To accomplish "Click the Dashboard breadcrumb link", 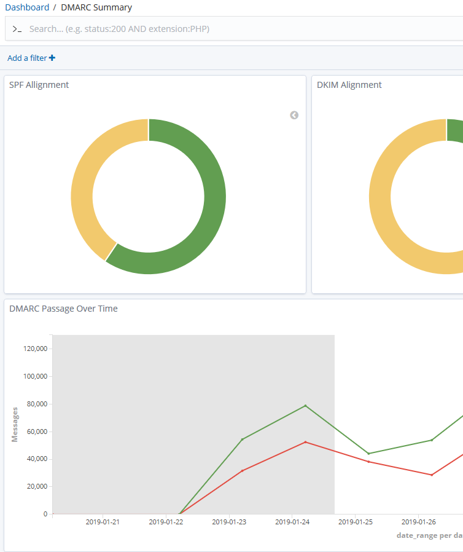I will coord(27,7).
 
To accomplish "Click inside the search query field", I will coord(184,29).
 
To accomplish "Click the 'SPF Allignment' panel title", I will coord(39,85).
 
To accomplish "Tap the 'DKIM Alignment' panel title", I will coord(349,85).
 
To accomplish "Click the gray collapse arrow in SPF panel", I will coord(294,115).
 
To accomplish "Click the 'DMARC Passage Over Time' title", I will coord(63,309).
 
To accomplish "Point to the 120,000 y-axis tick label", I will coord(34,349).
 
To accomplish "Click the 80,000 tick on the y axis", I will coord(36,404).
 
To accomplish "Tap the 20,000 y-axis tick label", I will coord(36,486).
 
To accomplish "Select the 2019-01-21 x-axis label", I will coord(103,522).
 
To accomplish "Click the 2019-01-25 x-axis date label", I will coord(356,522).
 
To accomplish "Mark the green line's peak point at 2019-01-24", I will coord(305,406).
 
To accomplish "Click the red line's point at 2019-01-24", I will coord(305,442).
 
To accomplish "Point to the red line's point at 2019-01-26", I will coord(432,475).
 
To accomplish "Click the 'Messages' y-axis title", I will coord(15,424).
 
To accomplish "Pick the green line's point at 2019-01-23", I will coord(242,439).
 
